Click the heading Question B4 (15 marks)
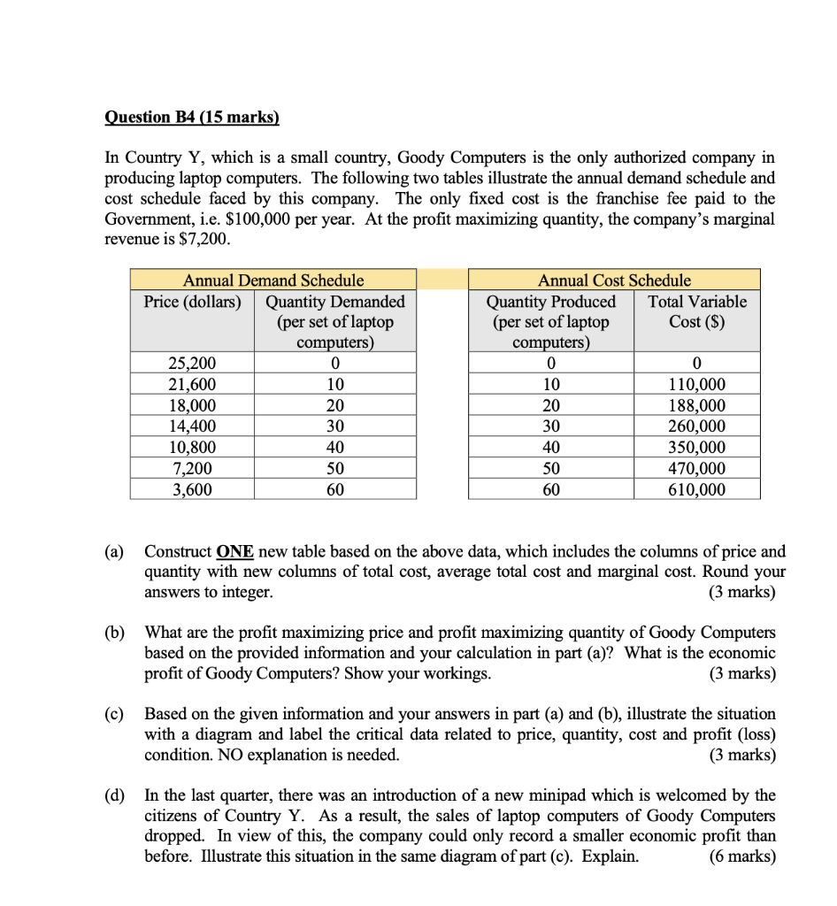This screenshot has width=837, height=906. click(191, 117)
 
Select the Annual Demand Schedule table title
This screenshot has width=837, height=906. click(273, 280)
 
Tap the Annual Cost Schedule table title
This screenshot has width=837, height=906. click(614, 280)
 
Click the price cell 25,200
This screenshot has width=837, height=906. click(192, 363)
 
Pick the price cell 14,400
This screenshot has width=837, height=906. click(192, 426)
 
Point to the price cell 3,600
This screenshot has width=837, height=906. click(192, 489)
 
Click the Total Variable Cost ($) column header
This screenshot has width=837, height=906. click(696, 311)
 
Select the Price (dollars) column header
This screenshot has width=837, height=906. click(192, 302)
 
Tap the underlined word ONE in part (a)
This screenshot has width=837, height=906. click(235, 551)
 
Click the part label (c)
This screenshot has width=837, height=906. click(115, 714)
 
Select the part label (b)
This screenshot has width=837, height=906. click(115, 633)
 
